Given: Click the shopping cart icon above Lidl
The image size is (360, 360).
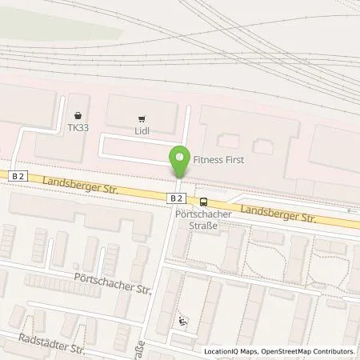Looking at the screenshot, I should (144, 115).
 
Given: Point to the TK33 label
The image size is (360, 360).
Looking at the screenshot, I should (78, 127).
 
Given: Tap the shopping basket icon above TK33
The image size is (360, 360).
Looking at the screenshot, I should (78, 114).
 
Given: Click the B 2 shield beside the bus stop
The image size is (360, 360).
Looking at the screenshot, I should (178, 196).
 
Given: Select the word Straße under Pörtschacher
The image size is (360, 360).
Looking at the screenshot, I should (197, 226).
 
